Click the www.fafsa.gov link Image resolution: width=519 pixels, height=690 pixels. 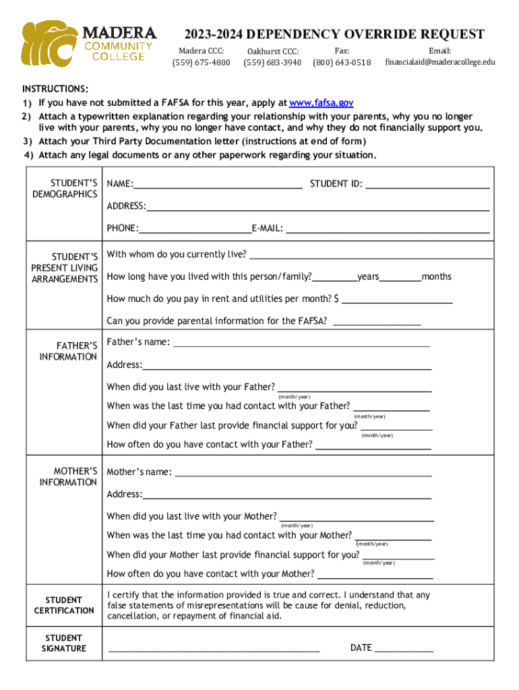321,103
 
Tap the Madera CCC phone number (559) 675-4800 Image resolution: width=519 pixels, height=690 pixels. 201,63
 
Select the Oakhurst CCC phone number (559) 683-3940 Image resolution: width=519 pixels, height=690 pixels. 272,63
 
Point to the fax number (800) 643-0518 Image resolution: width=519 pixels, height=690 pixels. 342,63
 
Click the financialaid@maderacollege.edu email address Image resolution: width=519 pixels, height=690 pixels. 439,62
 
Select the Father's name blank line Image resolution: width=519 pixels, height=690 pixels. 301,344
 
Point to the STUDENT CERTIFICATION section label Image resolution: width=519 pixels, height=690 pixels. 64,605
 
